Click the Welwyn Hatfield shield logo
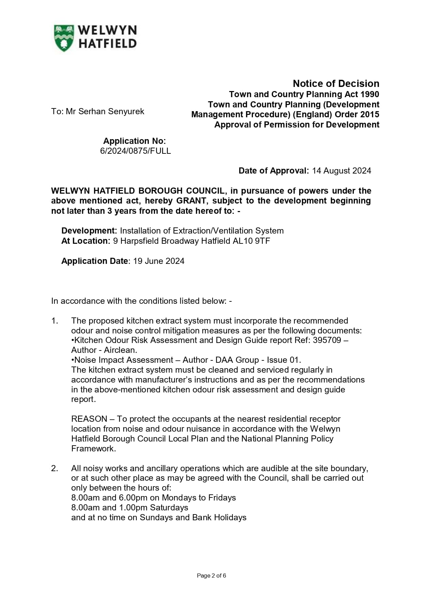click(x=64, y=38)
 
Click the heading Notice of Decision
click(x=336, y=84)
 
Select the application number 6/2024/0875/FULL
click(x=135, y=151)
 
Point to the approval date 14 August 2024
click(x=341, y=170)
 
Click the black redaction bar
click(x=98, y=251)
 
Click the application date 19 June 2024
click(x=158, y=261)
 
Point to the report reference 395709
click(x=327, y=340)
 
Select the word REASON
click(x=89, y=419)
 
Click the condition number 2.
click(x=55, y=468)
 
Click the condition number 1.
click(x=55, y=321)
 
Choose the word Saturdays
click(x=169, y=508)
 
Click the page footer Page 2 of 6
click(x=211, y=575)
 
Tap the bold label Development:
click(x=89, y=231)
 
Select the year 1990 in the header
click(x=369, y=94)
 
